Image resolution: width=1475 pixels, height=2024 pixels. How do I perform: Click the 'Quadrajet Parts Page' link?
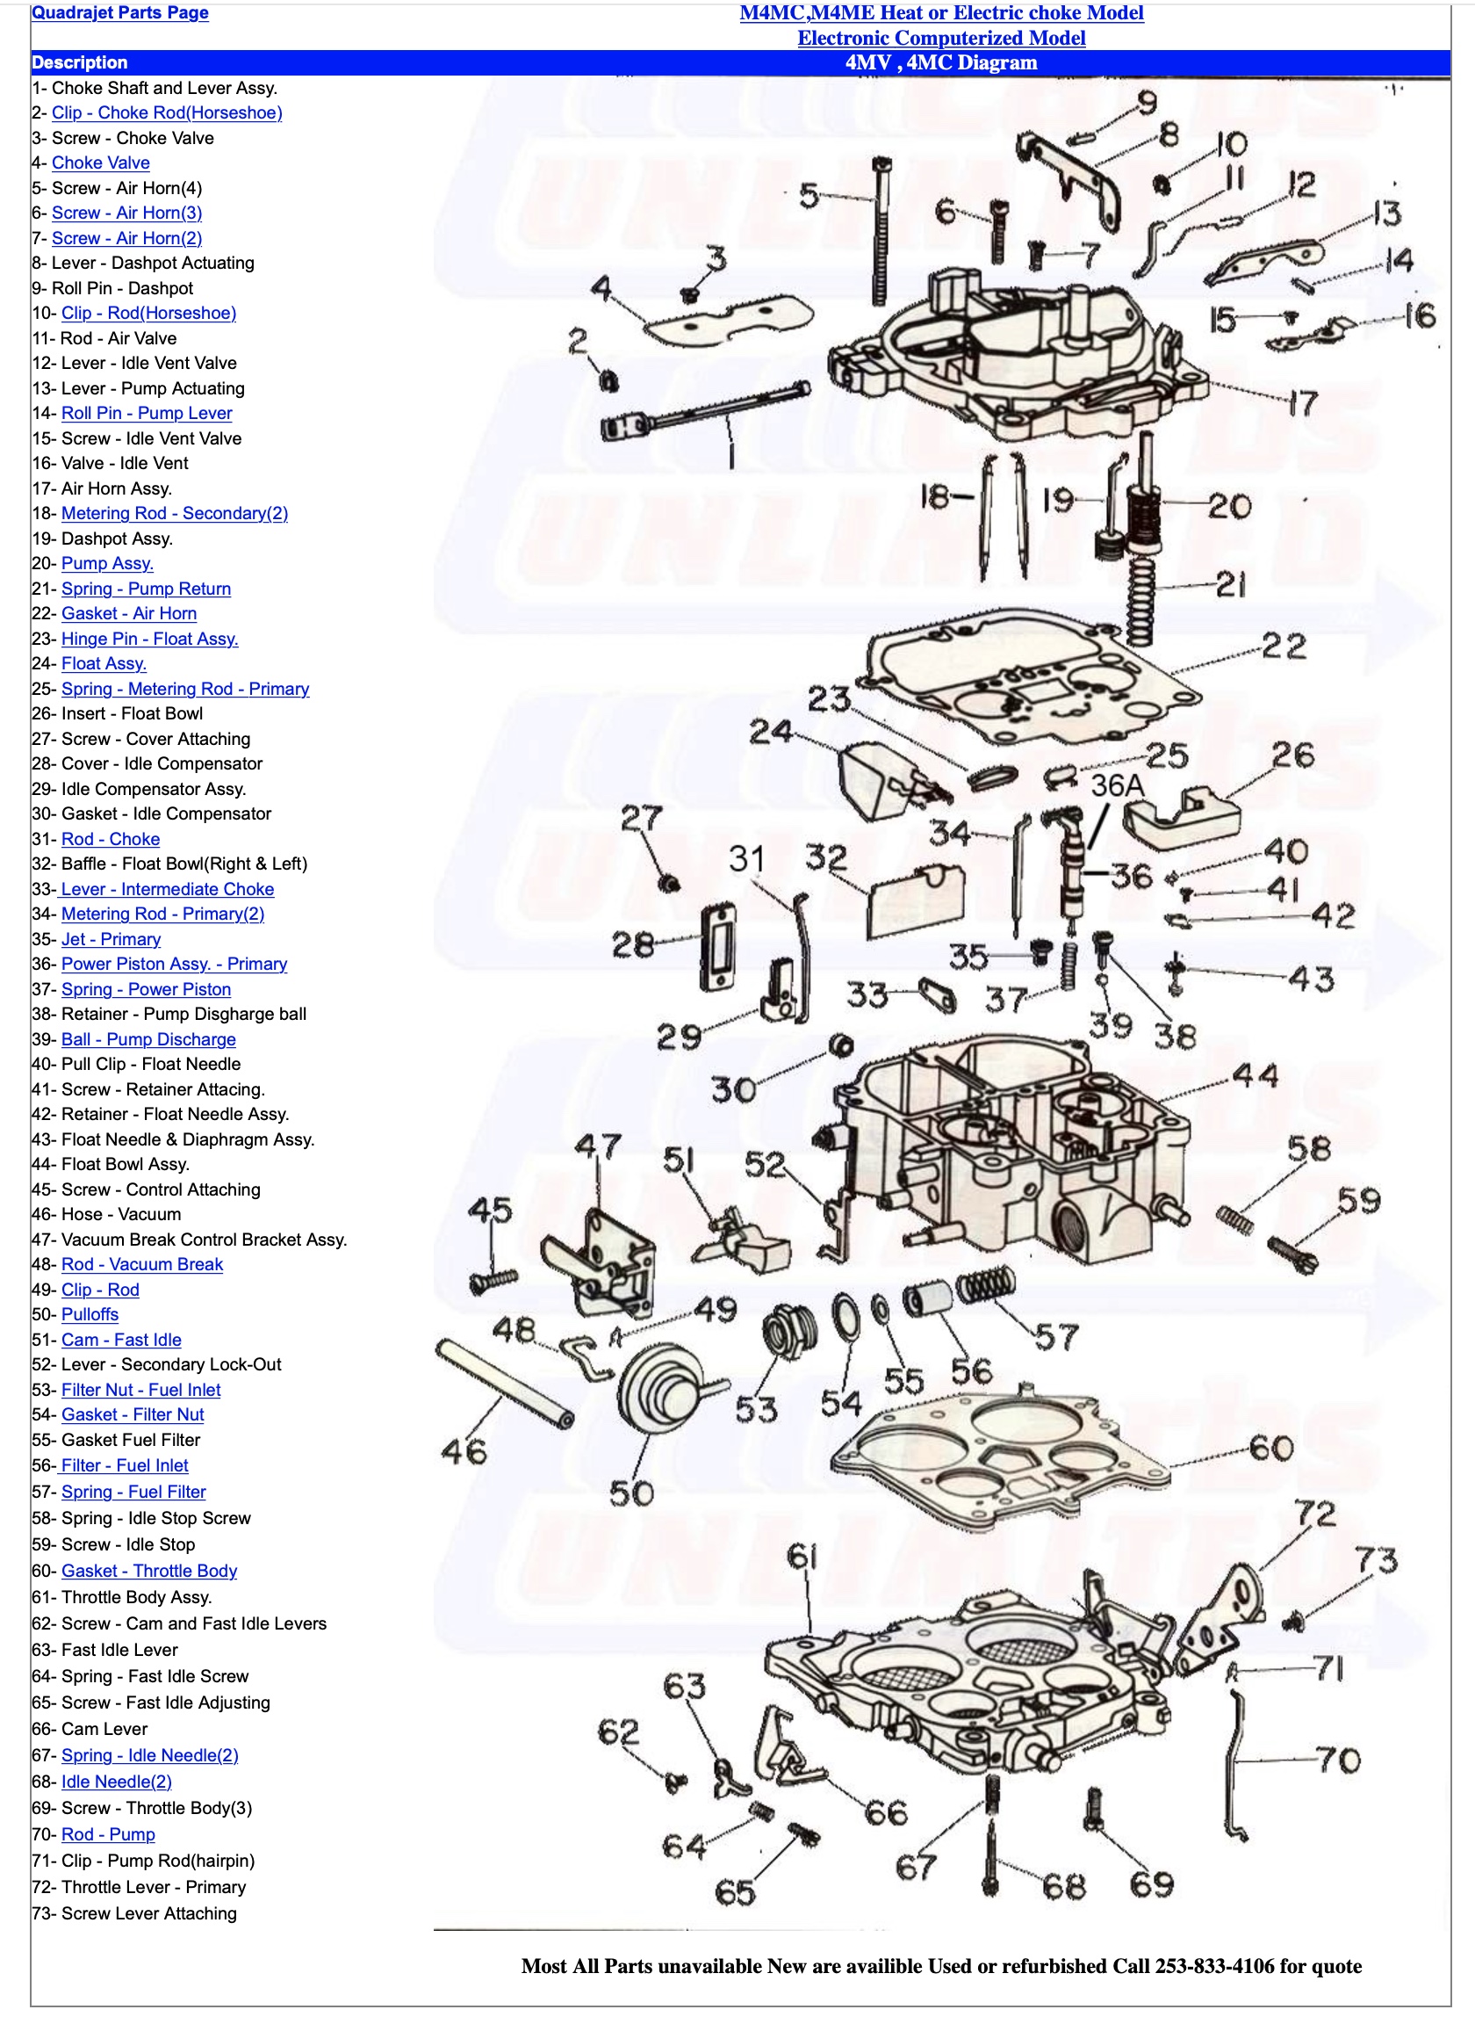click(119, 12)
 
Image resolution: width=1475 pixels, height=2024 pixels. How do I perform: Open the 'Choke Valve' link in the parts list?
click(100, 163)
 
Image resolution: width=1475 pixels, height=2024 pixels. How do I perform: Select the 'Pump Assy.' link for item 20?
click(107, 564)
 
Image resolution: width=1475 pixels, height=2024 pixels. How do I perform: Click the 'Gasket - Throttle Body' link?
click(148, 1570)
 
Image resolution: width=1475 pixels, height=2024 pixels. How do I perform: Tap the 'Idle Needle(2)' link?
click(116, 1781)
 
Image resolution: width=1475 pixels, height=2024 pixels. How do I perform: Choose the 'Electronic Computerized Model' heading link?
click(941, 38)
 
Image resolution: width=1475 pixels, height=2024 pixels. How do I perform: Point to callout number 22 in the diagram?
click(1284, 646)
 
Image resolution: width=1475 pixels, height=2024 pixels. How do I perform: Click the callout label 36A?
click(1117, 785)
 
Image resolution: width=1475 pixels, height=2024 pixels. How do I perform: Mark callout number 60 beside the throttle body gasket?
click(1271, 1447)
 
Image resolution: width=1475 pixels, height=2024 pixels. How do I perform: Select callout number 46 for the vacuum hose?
click(464, 1450)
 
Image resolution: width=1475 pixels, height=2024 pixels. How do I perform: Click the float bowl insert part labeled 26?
click(1181, 815)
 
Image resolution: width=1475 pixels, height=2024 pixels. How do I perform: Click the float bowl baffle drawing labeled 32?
click(916, 901)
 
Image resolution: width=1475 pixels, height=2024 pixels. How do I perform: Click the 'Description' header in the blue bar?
click(80, 62)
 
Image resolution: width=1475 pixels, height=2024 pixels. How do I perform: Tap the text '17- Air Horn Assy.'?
click(102, 488)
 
